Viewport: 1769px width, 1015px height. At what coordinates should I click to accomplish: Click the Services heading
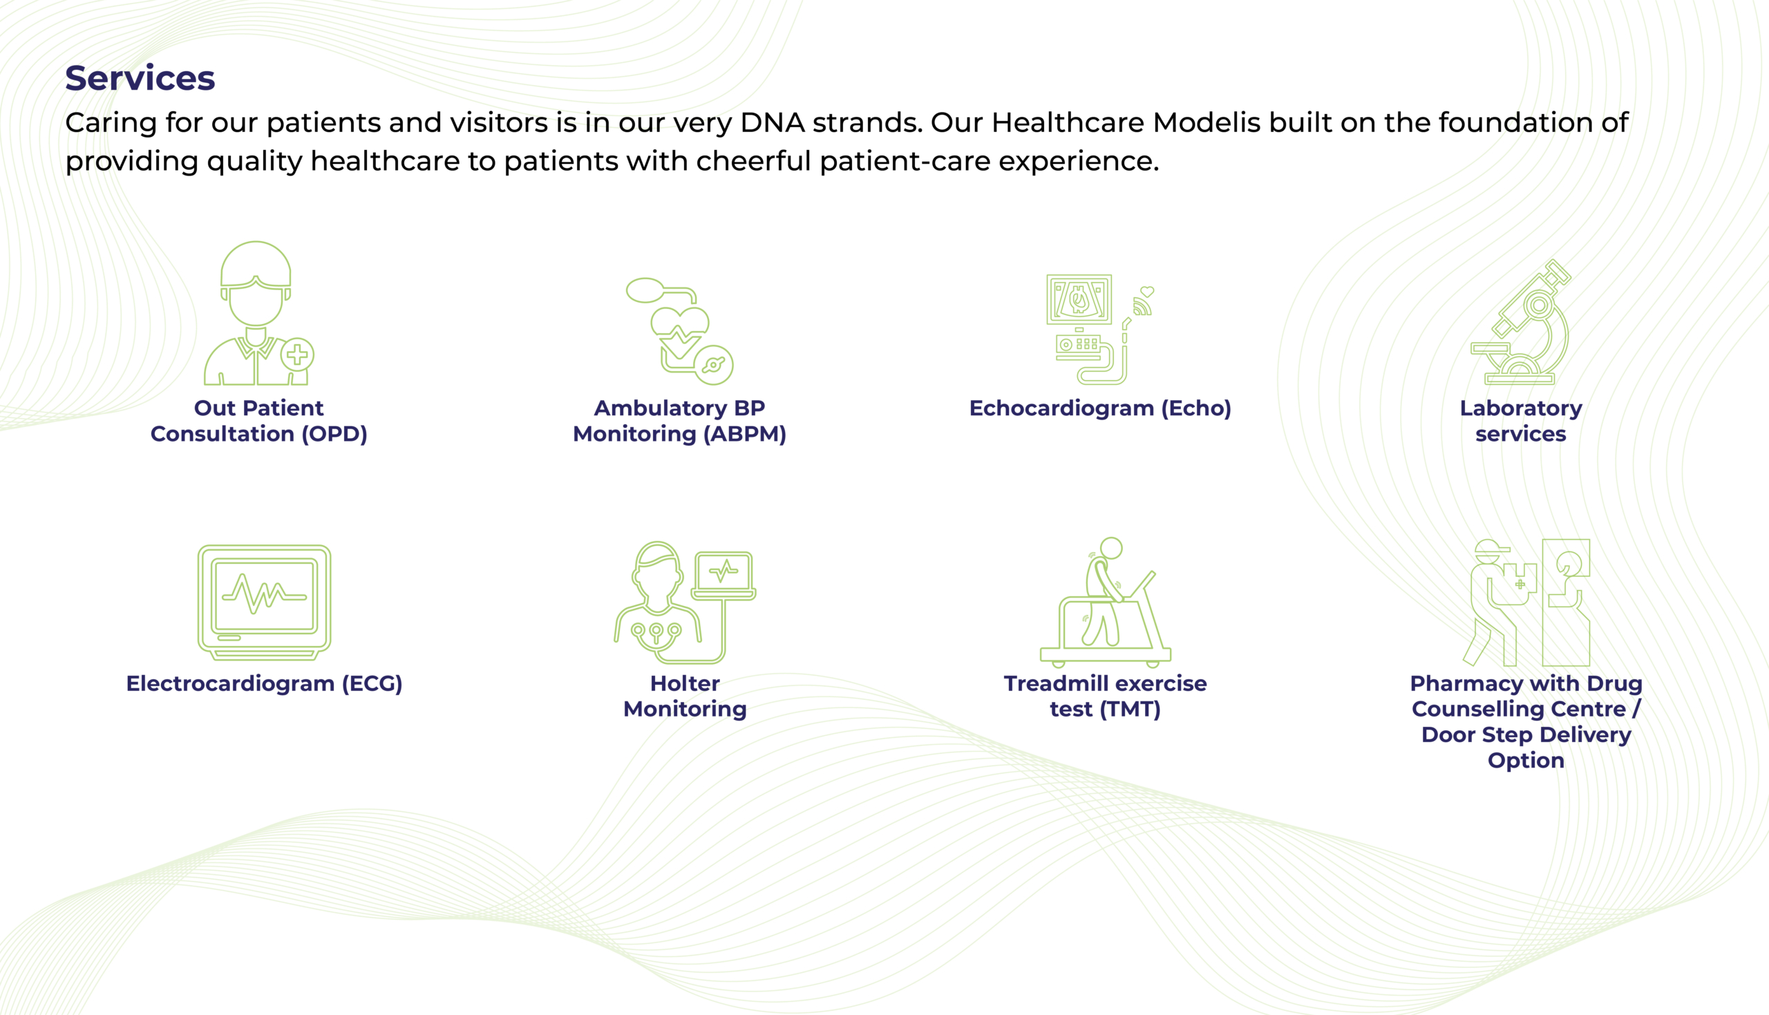click(x=140, y=77)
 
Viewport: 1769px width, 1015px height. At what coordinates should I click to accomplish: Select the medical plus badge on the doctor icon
click(x=298, y=355)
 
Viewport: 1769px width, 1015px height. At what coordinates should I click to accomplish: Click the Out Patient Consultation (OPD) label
click(x=258, y=420)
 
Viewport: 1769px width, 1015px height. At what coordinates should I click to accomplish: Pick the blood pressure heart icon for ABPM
click(x=679, y=331)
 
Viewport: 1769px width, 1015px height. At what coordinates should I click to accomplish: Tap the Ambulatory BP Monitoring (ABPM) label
click(x=679, y=420)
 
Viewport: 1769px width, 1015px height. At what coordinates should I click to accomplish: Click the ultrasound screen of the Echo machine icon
click(x=1079, y=298)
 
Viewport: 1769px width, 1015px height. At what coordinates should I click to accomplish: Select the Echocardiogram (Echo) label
click(x=1100, y=408)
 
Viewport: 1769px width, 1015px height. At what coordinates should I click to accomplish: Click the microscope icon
click(x=1521, y=321)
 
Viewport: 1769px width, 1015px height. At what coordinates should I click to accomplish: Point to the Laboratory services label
click(x=1521, y=420)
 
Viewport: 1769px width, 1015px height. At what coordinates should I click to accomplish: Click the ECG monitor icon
click(x=264, y=603)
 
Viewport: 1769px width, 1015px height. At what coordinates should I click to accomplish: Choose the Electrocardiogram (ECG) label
click(x=264, y=683)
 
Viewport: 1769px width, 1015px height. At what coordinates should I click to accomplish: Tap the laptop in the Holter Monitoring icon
click(x=724, y=575)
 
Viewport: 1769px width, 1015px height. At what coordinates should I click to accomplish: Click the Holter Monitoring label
click(x=685, y=696)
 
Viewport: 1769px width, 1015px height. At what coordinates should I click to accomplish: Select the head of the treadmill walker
click(x=1111, y=548)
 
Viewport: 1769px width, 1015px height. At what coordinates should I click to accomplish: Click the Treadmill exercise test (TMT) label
click(x=1106, y=696)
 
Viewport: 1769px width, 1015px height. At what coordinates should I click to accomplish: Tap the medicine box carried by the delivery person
click(x=1520, y=584)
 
